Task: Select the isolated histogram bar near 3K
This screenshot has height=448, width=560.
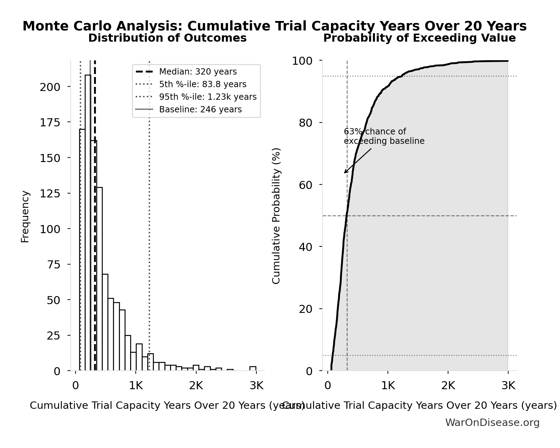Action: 253,368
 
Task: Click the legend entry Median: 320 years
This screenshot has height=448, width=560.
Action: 198,72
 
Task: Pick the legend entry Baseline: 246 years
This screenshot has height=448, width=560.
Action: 200,110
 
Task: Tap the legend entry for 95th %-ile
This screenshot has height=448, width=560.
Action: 207,97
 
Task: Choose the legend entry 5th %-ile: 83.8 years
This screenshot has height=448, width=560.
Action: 203,84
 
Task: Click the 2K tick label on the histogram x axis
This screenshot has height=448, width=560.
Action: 196,386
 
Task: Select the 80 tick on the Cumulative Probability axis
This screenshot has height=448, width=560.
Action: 305,123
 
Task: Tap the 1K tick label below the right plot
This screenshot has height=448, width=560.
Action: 388,386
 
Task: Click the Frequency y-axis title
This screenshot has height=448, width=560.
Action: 25,216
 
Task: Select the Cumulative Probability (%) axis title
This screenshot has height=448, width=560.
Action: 276,216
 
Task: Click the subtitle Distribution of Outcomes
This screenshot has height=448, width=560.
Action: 167,38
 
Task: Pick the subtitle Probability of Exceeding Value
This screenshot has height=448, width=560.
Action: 419,38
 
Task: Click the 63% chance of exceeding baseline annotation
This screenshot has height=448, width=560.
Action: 384,136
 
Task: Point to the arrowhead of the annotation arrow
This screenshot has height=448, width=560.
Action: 345,173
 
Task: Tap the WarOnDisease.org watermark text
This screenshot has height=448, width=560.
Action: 492,423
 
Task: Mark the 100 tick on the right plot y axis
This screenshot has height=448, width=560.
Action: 302,61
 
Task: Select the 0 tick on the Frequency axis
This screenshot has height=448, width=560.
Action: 57,371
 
